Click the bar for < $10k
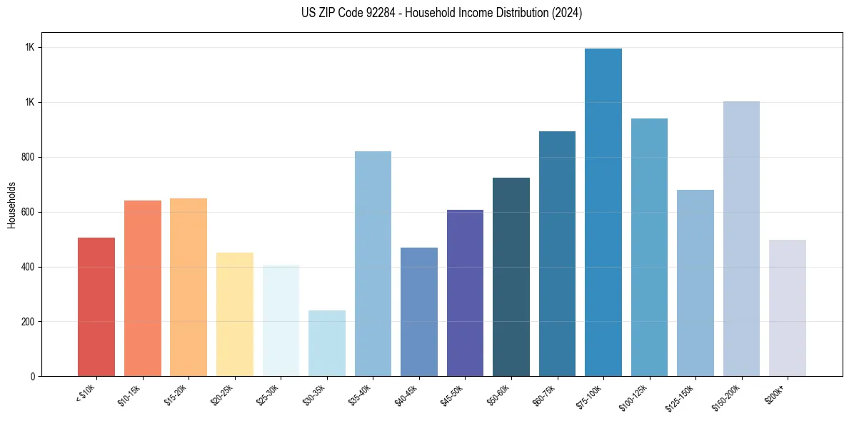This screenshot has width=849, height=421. point(96,307)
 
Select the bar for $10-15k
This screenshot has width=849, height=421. point(142,288)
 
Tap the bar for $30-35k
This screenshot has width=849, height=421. point(326,343)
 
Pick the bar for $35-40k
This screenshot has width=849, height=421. point(373,263)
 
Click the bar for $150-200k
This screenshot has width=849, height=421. point(741,238)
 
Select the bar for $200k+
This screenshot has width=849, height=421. point(787,308)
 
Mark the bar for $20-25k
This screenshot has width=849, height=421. point(234,314)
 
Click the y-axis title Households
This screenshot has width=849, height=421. point(11,205)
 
